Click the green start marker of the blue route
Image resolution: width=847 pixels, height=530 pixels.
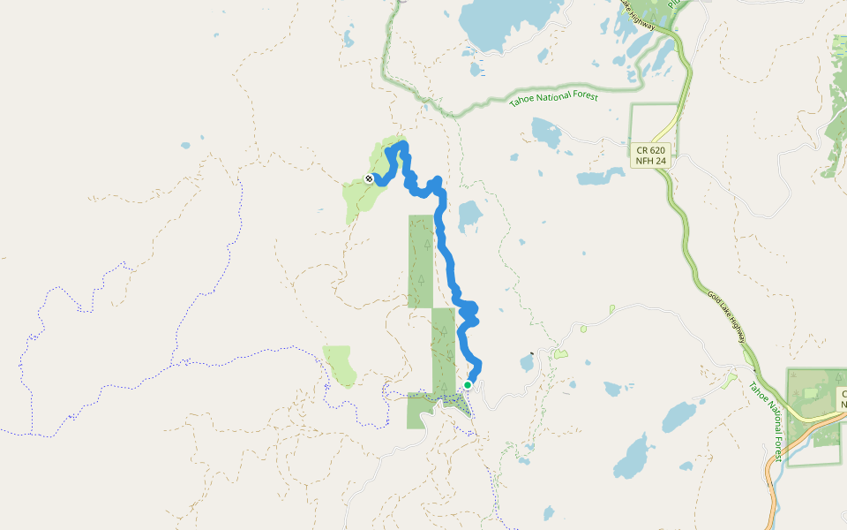point(468,384)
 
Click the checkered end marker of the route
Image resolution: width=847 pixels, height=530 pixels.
point(369,178)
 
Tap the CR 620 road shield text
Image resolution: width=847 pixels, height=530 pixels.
point(649,150)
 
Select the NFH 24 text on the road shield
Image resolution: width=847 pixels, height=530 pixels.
point(649,162)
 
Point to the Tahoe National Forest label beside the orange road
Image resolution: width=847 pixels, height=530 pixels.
point(766,419)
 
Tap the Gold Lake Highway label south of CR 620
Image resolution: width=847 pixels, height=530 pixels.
point(727,319)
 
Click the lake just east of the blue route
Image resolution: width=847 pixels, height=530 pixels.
point(469,214)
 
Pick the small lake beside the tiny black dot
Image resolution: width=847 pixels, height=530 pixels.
point(527,363)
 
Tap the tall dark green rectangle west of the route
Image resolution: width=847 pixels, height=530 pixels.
point(420,261)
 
